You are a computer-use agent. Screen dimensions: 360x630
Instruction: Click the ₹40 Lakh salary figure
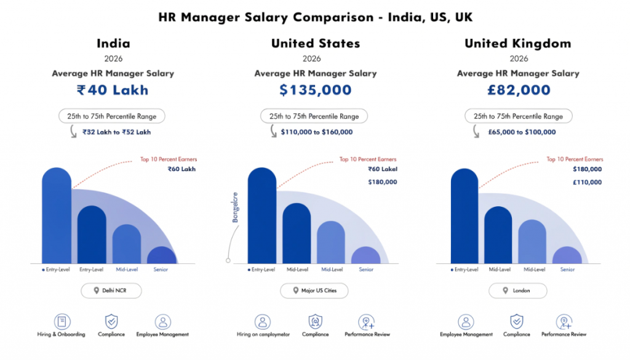click(x=113, y=90)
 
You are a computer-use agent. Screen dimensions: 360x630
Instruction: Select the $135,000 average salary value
click(x=315, y=90)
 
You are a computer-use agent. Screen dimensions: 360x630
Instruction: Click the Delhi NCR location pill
click(x=111, y=290)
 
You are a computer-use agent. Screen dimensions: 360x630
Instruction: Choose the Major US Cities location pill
click(x=314, y=290)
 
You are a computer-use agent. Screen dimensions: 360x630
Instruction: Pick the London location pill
click(x=517, y=290)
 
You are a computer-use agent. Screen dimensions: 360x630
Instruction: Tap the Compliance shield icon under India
click(x=111, y=322)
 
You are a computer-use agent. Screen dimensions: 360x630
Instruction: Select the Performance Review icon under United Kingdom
click(x=564, y=322)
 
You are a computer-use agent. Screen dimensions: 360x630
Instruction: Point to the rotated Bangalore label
click(x=234, y=208)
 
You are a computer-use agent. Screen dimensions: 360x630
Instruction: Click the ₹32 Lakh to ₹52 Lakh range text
click(x=116, y=132)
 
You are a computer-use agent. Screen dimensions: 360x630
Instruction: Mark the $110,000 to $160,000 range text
click(x=317, y=132)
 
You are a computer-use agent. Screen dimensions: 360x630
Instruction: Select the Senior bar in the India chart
click(x=161, y=255)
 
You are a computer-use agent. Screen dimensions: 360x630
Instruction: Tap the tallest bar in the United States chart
click(x=262, y=215)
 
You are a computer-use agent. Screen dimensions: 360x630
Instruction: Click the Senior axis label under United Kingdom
click(x=567, y=270)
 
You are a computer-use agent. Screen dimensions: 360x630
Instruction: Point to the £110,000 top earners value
click(x=587, y=182)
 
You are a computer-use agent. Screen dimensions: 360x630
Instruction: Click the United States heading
click(x=315, y=44)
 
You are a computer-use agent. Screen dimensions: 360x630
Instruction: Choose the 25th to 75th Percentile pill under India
click(x=112, y=116)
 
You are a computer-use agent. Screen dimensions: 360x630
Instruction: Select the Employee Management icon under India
click(x=162, y=322)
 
